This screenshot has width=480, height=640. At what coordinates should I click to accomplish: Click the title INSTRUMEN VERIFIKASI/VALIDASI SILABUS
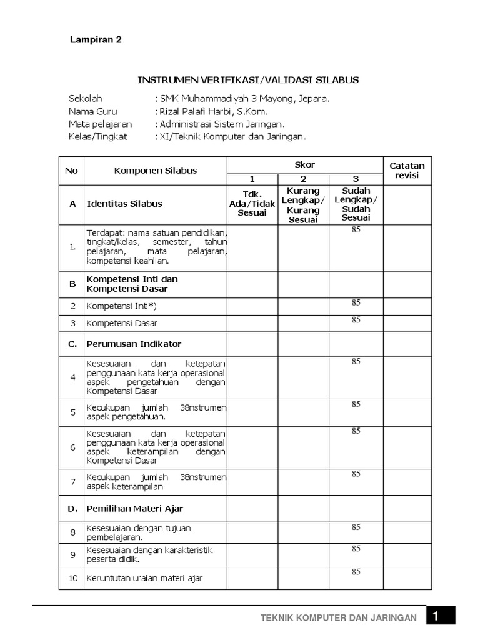click(x=248, y=81)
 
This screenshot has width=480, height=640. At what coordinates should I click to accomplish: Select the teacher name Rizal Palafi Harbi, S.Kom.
click(x=214, y=111)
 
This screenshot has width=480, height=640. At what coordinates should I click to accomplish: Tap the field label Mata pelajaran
click(x=100, y=124)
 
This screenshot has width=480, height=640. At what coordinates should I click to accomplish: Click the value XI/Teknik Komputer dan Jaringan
click(x=233, y=136)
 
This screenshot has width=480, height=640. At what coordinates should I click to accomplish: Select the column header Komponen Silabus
click(x=155, y=171)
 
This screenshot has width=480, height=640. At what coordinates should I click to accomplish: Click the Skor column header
click(x=304, y=164)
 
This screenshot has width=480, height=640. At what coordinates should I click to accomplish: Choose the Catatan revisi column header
click(x=407, y=171)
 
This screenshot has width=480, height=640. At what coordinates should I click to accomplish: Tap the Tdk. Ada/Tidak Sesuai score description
click(x=252, y=204)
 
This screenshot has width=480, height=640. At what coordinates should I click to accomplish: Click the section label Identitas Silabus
click(x=125, y=204)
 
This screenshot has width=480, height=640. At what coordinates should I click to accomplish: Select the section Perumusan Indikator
click(x=134, y=344)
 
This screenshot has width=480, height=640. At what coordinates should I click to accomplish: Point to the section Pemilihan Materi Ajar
click(x=135, y=509)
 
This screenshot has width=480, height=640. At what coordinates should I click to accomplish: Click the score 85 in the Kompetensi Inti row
click(x=356, y=303)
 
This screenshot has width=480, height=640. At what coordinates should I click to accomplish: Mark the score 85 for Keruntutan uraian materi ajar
click(x=356, y=572)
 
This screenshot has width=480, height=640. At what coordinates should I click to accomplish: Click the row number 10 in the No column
click(x=72, y=578)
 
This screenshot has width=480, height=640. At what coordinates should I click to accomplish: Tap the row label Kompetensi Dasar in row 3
click(x=122, y=323)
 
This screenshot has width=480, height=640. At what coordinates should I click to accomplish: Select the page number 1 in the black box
click(x=440, y=616)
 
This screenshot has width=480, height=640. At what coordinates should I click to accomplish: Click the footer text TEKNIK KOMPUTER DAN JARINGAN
click(x=339, y=617)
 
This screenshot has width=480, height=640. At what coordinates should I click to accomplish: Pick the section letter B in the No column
click(x=72, y=284)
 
